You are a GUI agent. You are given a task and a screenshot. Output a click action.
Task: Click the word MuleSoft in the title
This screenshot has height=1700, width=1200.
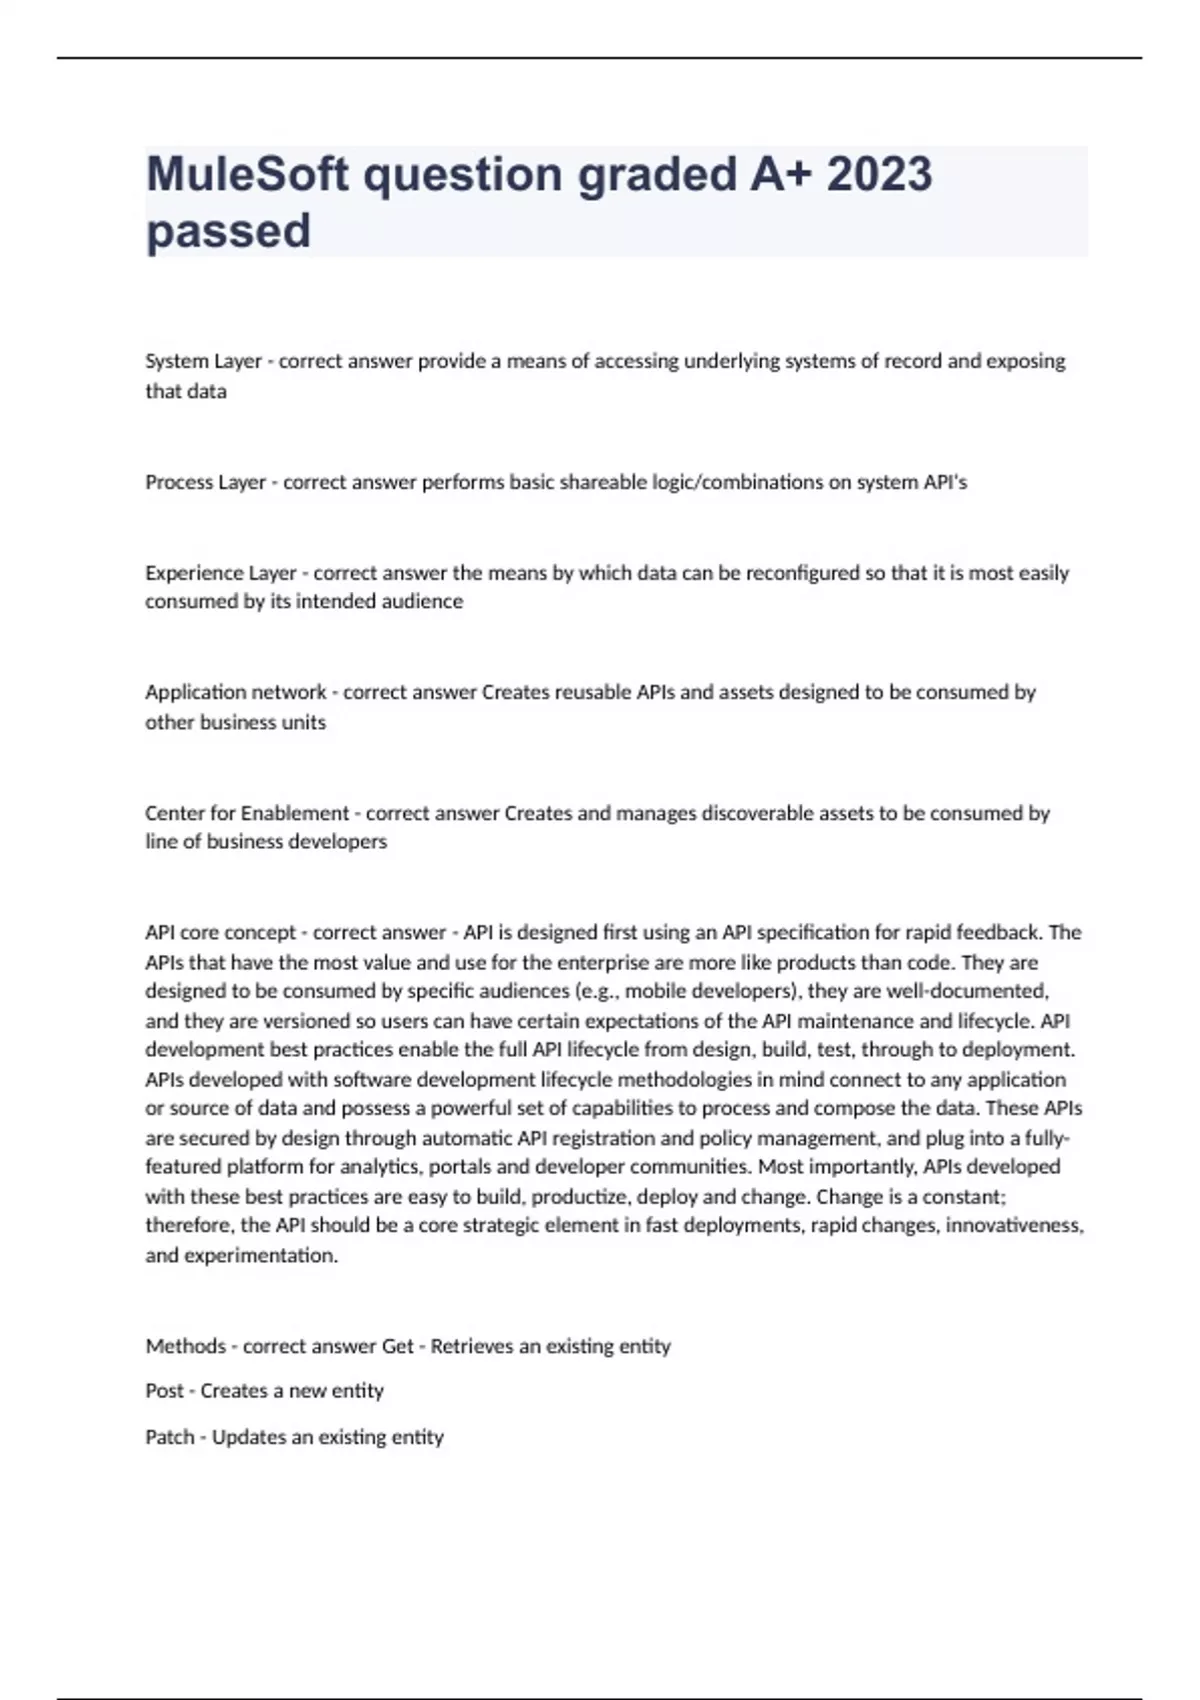(248, 174)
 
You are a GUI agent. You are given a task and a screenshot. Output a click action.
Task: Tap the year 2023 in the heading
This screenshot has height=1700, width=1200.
(879, 174)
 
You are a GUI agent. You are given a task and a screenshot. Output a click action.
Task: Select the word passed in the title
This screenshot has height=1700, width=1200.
(228, 231)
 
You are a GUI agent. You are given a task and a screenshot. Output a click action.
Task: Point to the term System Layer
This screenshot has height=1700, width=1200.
(203, 361)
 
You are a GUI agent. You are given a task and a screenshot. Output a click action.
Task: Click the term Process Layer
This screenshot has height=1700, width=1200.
(205, 483)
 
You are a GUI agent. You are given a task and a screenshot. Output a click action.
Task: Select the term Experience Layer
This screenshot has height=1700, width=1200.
(220, 573)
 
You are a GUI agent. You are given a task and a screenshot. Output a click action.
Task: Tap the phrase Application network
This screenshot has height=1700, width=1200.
(235, 692)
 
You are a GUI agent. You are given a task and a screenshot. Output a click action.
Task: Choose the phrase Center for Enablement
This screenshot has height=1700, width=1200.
(247, 813)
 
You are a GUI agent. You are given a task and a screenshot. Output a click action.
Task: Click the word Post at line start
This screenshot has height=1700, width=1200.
(164, 1391)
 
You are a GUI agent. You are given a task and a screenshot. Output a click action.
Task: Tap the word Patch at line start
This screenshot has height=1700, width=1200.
(169, 1437)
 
